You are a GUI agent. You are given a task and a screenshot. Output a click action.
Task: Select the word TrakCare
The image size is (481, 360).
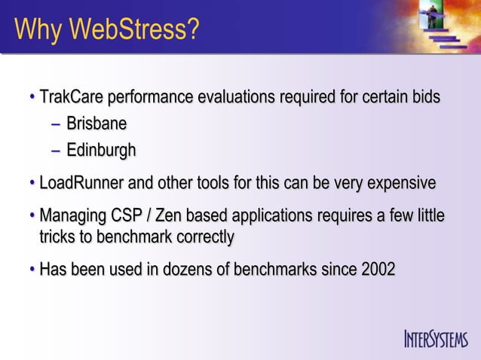point(72,98)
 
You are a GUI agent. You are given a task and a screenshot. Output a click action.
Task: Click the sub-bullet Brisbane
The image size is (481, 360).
point(96,124)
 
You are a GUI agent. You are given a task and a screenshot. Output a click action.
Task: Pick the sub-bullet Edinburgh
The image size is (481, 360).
point(101,150)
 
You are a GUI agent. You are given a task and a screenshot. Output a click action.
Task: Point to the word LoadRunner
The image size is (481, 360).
point(82,183)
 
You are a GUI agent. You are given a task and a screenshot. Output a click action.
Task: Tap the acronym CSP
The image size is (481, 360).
point(126,217)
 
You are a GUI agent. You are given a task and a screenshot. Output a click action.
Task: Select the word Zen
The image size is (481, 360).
point(168,217)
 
